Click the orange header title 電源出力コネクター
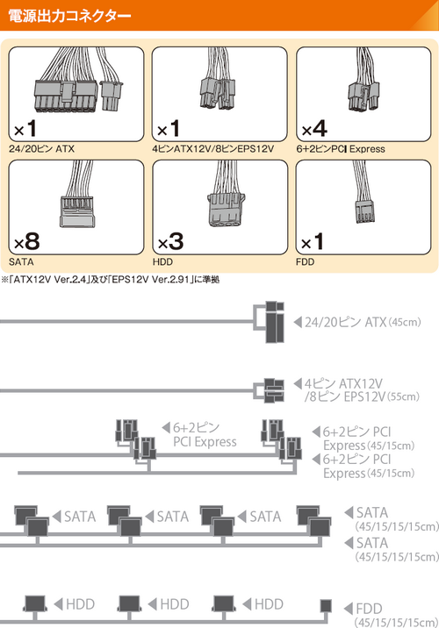click(69, 16)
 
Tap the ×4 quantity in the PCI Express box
click(314, 129)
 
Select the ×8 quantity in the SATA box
click(27, 241)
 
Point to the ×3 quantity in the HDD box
click(171, 241)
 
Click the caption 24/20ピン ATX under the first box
click(41, 149)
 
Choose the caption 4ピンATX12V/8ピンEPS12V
click(212, 149)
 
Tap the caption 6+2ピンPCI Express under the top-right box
click(341, 149)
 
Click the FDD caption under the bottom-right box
click(305, 262)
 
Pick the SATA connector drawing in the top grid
click(76, 211)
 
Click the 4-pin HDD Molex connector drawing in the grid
click(227, 210)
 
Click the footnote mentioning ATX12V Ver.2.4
click(111, 279)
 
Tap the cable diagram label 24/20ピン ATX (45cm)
click(363, 322)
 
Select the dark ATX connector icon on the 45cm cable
click(275, 322)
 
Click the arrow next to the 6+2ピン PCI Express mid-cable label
click(166, 428)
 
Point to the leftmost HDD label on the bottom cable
click(80, 604)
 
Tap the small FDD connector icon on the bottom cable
click(326, 606)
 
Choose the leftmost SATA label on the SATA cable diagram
click(80, 517)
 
